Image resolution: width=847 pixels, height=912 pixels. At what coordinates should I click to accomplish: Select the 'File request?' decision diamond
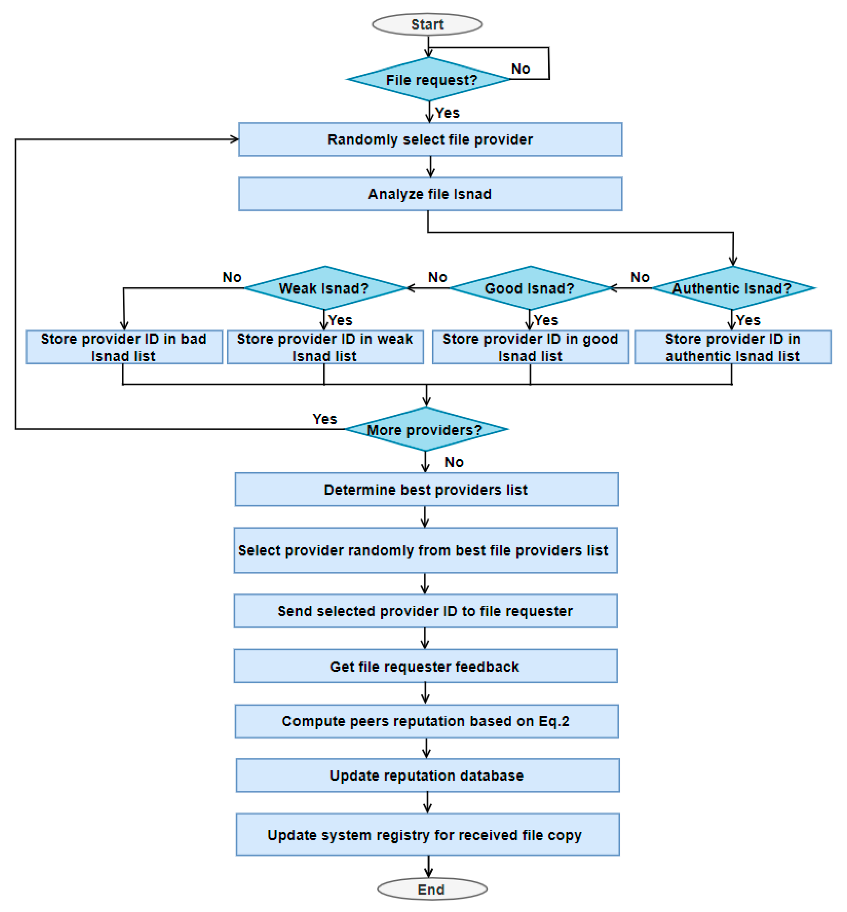(x=429, y=79)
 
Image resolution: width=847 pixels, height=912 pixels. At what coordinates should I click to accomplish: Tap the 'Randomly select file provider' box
(x=430, y=139)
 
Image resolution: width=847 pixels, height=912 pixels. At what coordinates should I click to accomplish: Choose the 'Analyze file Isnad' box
(x=430, y=194)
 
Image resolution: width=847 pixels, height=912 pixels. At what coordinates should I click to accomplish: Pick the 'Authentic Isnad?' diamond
(x=733, y=288)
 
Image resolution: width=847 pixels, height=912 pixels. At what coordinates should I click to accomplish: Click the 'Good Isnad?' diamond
(x=530, y=288)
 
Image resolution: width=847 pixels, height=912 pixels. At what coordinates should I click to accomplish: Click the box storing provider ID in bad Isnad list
(x=124, y=347)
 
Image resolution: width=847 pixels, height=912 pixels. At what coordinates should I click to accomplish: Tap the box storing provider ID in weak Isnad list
(x=325, y=347)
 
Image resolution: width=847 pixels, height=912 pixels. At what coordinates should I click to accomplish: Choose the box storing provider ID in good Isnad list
(x=530, y=347)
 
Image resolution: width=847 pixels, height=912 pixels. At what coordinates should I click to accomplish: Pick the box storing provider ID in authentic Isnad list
(x=733, y=347)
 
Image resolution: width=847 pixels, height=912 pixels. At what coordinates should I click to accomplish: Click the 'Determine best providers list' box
(x=427, y=489)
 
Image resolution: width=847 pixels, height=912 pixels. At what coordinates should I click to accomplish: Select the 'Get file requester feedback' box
(x=426, y=666)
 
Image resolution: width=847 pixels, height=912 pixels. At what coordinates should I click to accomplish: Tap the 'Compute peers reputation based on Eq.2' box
(x=427, y=721)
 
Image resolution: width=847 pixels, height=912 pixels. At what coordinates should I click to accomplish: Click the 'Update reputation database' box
(x=428, y=775)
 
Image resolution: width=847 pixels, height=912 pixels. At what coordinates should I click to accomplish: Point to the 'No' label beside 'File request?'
(x=521, y=69)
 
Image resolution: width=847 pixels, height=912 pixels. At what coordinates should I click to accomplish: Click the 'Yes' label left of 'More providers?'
(x=325, y=419)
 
